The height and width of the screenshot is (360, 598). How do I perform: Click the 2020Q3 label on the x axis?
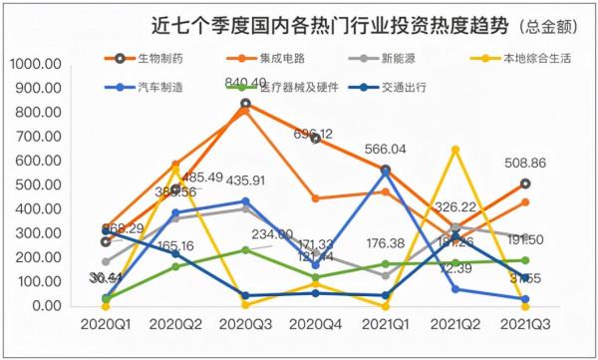point(246,326)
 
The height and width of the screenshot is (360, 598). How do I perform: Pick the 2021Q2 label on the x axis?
point(456,326)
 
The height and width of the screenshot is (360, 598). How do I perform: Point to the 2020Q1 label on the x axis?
point(106,326)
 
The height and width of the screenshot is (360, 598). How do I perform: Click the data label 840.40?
point(245,83)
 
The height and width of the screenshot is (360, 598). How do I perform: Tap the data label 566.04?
point(385,149)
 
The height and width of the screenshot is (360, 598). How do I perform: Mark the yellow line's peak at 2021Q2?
point(455,149)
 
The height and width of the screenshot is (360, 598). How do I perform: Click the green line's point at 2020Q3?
point(245,249)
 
